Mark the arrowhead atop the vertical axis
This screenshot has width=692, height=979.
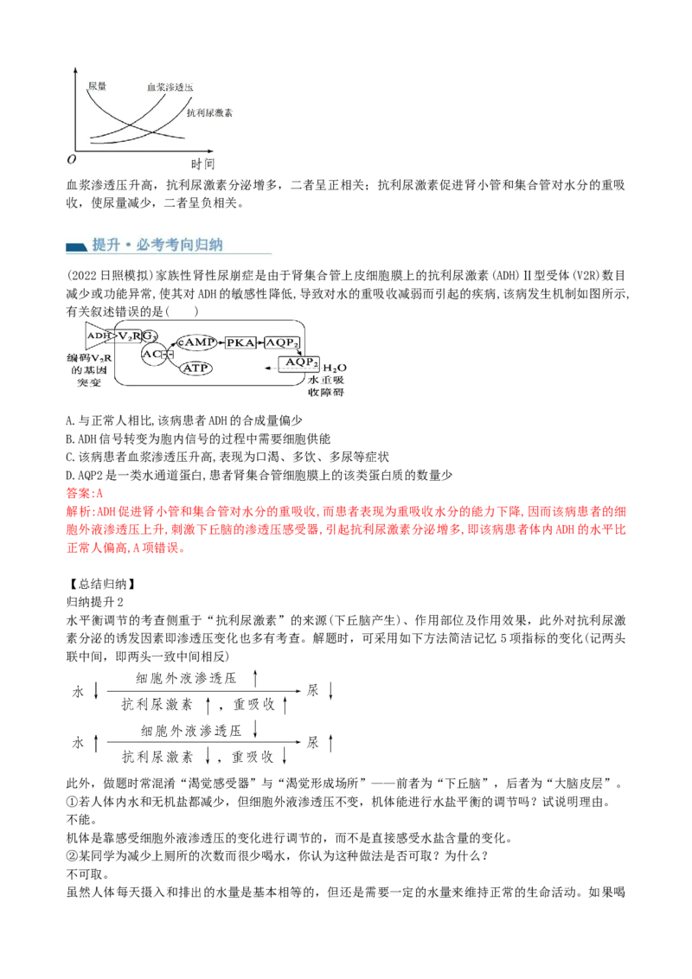pos(80,69)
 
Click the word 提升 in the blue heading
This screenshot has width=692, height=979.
pos(106,245)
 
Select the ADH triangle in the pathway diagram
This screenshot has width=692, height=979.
pos(97,335)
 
